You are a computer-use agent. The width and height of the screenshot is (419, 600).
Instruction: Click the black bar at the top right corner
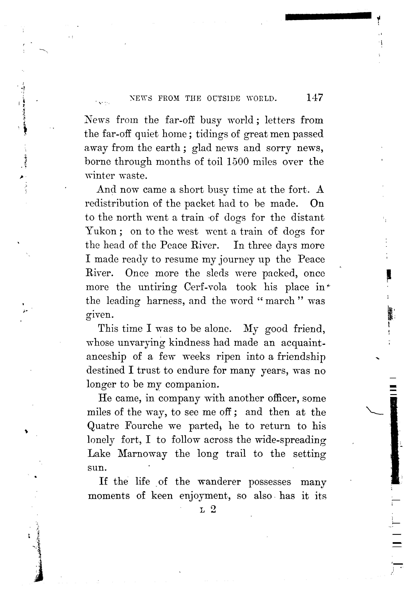pos(328,16)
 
